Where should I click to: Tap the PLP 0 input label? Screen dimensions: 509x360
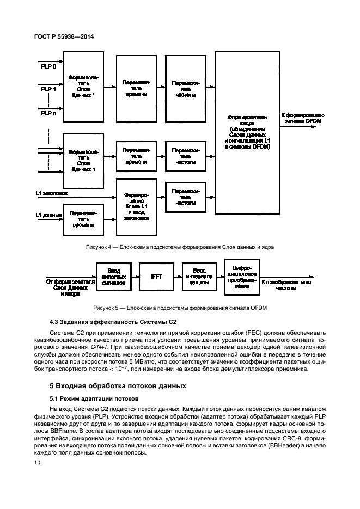pos(49,66)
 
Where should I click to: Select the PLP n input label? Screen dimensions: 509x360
pos(49,113)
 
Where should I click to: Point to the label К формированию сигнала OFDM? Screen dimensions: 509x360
pos(302,118)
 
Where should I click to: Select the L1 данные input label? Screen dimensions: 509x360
pos(48,216)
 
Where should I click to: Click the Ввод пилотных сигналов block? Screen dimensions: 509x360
pos(114,276)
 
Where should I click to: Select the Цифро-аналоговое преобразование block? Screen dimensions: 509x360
pos(241,276)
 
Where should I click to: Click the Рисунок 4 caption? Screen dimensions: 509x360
pos(179,247)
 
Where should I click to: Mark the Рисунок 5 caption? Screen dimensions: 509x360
pos(179,308)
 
